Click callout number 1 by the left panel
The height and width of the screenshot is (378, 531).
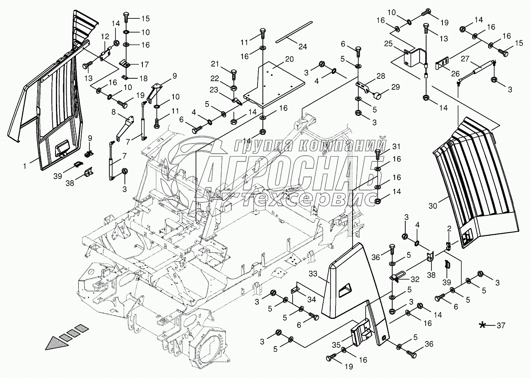click(25, 166)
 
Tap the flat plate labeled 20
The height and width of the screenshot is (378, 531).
click(274, 84)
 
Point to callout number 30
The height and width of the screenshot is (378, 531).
click(433, 206)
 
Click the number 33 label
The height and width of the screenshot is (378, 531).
click(313, 274)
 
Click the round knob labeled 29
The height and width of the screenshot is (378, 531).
click(377, 96)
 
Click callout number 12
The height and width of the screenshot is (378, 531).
click(105, 36)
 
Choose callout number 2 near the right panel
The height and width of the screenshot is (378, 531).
click(449, 229)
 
